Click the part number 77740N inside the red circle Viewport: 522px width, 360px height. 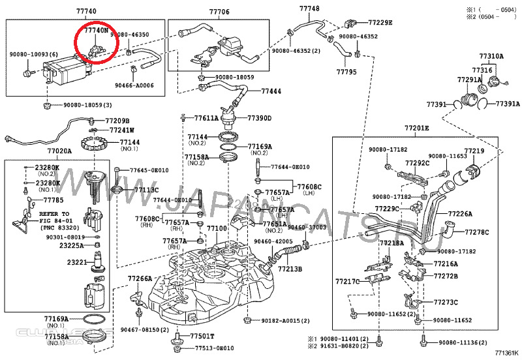pyautogui.click(x=96, y=31)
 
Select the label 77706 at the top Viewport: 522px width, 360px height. pyautogui.click(x=219, y=12)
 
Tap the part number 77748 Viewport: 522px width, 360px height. pyautogui.click(x=309, y=8)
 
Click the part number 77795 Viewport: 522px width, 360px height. pyautogui.click(x=346, y=71)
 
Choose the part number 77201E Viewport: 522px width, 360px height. pyautogui.click(x=416, y=128)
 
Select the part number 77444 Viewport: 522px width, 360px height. pyautogui.click(x=269, y=91)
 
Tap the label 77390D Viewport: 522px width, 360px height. pyautogui.click(x=259, y=117)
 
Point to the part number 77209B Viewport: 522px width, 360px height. pyautogui.click(x=117, y=121)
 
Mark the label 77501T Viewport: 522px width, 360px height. pyautogui.click(x=202, y=337)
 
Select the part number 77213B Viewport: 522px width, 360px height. pyautogui.click(x=290, y=268)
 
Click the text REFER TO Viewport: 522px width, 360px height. pyautogui.click(x=54, y=214)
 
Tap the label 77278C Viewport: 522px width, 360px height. pyautogui.click(x=476, y=232)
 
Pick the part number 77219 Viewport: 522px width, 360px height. pyautogui.click(x=474, y=151)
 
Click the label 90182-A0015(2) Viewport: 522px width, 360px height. pyautogui.click(x=285, y=322)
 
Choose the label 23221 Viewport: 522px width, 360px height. pyautogui.click(x=77, y=262)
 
